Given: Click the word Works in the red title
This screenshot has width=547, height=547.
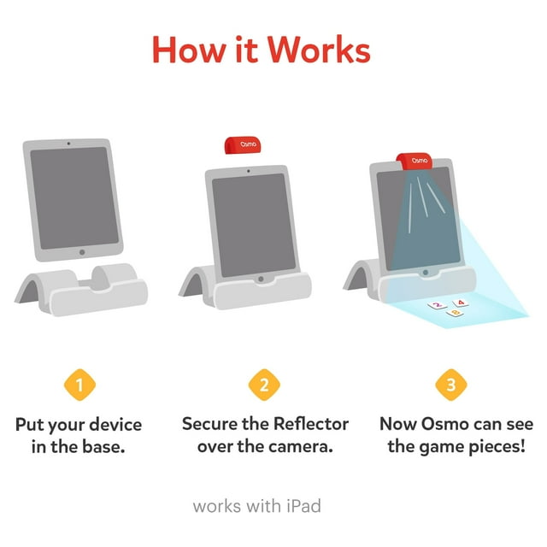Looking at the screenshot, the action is coord(319,50).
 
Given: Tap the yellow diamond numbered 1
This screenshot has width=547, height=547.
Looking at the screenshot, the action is coord(79,385).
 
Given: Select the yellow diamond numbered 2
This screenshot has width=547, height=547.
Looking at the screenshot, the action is coord(264,385).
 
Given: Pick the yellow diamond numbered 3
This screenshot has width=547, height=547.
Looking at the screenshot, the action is coord(451,385).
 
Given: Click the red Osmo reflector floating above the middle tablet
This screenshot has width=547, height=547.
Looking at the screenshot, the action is coord(243,145).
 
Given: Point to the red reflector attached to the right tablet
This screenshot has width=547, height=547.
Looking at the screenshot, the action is coord(414,162).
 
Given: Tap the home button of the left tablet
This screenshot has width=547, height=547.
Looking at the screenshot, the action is coord(82,252).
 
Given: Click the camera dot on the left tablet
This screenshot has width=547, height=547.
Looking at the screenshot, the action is coord(68,144).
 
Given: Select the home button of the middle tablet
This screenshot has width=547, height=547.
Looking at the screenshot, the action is coord(261,279).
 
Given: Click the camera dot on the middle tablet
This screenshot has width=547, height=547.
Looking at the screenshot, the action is coord(248,171).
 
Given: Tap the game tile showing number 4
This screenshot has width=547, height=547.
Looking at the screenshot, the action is coord(461,303).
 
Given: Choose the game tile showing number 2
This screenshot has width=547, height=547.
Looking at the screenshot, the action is coord(437,305).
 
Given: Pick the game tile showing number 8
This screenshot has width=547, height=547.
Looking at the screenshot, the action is coord(455,313).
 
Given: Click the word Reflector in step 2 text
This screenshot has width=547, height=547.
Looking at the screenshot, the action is coord(311,424).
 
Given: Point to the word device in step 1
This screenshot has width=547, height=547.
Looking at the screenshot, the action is coord(115,425).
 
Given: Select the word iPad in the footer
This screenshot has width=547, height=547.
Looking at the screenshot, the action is coord(303,506).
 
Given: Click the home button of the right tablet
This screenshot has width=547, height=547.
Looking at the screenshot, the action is coord(426,273).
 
